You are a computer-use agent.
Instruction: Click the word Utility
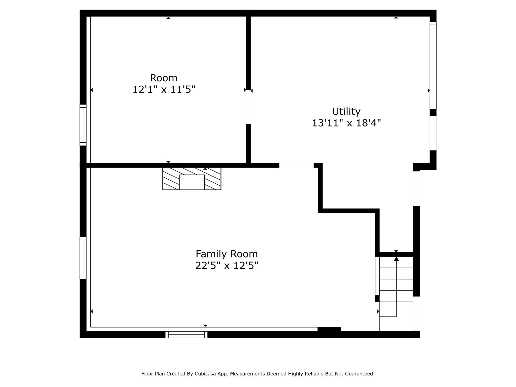(x=346, y=111)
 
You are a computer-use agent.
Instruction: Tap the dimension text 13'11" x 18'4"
(x=346, y=123)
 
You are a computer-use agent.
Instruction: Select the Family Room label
(x=227, y=254)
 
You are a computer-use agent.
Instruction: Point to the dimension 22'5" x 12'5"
(x=227, y=266)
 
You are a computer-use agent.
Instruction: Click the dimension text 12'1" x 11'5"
(x=164, y=89)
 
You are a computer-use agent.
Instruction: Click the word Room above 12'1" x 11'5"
(x=164, y=78)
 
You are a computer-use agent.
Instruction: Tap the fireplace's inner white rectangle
(x=192, y=182)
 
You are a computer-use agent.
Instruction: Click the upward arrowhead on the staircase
(x=396, y=259)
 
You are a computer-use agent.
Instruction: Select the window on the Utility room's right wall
(x=433, y=66)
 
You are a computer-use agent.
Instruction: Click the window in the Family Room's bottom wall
(x=186, y=335)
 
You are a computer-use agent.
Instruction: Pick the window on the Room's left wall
(x=83, y=125)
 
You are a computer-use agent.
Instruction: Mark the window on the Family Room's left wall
(x=83, y=258)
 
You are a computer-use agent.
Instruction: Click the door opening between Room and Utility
(x=248, y=107)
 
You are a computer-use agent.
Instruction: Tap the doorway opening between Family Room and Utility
(x=296, y=165)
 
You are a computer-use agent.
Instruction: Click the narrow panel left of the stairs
(x=377, y=276)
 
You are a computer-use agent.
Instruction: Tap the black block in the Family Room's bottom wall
(x=329, y=329)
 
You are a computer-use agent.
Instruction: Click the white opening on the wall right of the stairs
(x=416, y=313)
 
